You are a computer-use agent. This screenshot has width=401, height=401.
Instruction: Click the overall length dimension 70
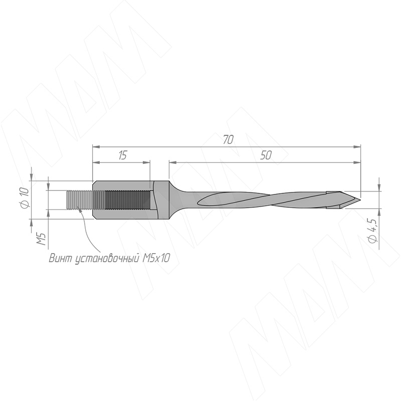pos(229,140)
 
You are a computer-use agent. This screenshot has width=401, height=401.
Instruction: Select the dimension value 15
pos(123,155)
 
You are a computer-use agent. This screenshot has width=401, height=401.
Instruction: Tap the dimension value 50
pos(266,155)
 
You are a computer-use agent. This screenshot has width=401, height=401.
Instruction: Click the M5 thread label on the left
pos(41,239)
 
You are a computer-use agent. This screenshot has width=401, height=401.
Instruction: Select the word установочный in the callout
pos(107,259)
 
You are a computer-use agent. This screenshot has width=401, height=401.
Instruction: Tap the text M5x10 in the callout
pos(156,258)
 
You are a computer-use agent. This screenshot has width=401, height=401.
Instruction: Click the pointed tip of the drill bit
pos(360,199)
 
